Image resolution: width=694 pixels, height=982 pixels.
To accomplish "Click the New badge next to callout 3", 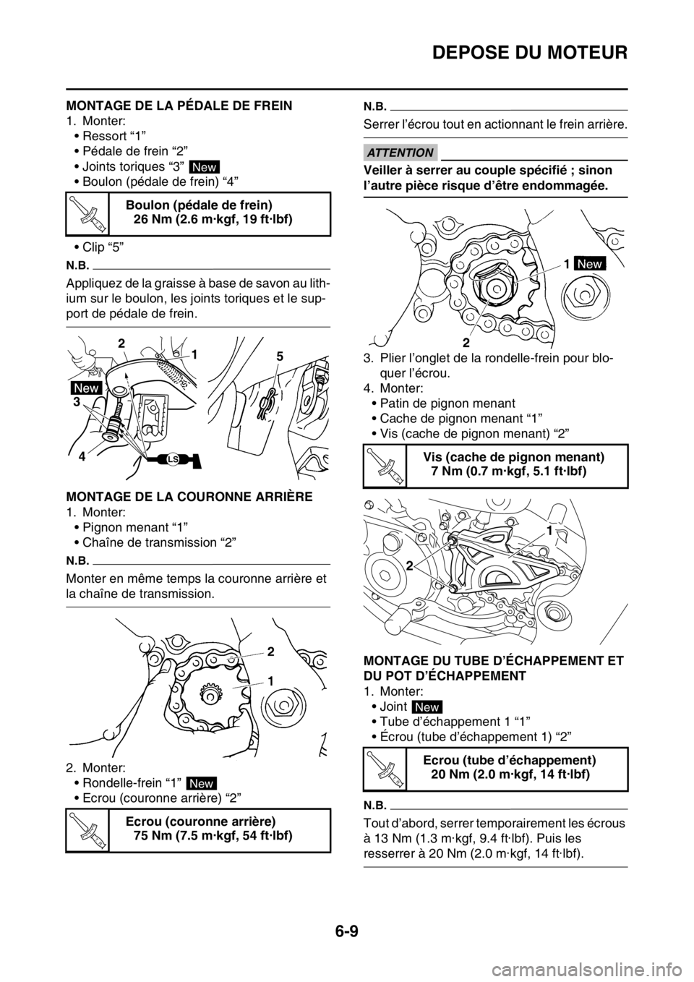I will (x=86, y=388).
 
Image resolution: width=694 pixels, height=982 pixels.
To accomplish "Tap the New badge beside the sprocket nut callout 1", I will (x=589, y=265).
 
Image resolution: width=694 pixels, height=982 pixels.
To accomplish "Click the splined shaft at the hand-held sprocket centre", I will (x=210, y=697).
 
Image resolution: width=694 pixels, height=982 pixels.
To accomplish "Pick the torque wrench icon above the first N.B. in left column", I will (x=87, y=213).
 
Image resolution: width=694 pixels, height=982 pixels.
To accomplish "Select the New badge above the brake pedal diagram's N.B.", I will (x=203, y=168).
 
